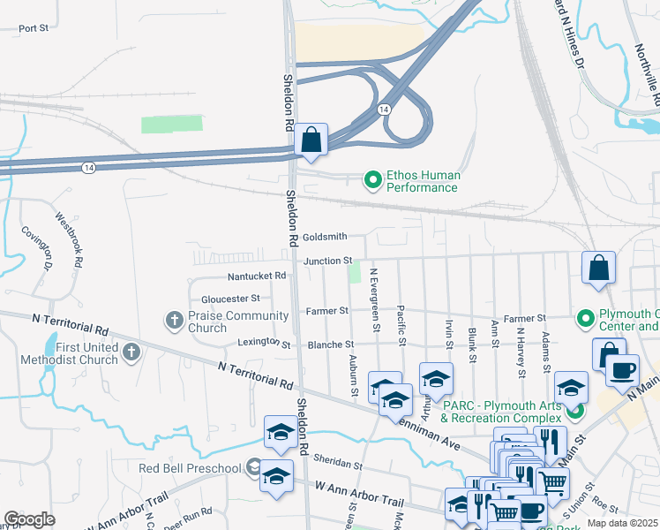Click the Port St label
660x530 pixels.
click(33, 28)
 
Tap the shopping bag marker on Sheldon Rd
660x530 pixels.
click(311, 140)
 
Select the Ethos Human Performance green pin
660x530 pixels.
click(372, 181)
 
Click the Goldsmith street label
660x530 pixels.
click(325, 237)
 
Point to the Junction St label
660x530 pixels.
click(328, 261)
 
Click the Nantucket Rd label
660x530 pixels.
click(257, 276)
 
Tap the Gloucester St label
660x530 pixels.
click(230, 299)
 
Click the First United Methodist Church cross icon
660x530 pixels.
click(131, 353)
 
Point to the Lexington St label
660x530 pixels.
click(264, 343)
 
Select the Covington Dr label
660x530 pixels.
click(36, 248)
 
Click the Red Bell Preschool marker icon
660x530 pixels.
click(254, 467)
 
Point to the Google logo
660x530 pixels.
click(29, 519)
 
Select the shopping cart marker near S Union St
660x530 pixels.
click(552, 482)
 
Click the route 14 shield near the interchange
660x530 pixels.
click(383, 109)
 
